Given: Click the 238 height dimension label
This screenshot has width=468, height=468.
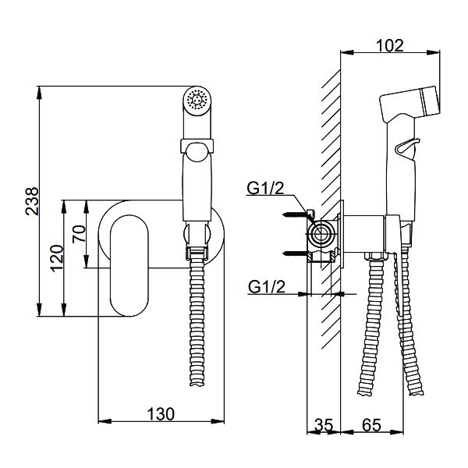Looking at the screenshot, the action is [32, 201].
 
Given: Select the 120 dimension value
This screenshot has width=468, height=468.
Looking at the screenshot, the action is [57, 258].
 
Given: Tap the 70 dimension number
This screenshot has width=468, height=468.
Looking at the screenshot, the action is [79, 234].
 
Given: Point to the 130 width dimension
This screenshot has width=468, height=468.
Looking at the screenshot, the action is [161, 414].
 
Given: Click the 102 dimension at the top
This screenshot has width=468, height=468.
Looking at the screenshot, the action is [389, 46].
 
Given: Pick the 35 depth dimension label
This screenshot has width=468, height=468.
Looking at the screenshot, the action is [324, 425].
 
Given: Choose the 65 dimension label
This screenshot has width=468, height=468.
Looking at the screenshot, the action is [371, 425].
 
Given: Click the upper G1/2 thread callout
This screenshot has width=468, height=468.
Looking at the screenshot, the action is [265, 188].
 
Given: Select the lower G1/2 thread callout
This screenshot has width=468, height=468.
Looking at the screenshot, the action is [267, 287].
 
